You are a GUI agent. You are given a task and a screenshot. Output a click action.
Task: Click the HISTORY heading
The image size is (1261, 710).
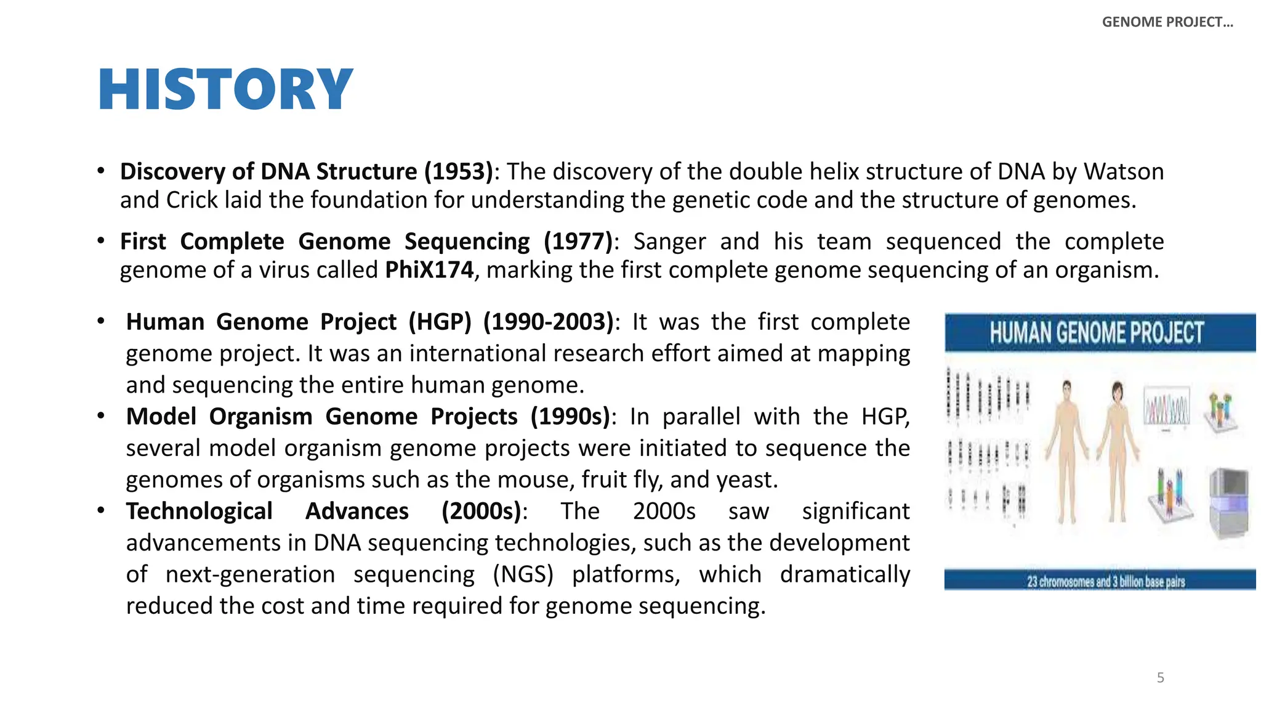coord(225,90)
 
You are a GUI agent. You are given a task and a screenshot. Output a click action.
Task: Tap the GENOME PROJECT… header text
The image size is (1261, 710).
coord(1167,22)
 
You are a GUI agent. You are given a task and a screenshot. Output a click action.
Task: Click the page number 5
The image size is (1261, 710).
coord(1160,678)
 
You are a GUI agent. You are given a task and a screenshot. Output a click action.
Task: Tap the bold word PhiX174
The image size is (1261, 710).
coord(429,270)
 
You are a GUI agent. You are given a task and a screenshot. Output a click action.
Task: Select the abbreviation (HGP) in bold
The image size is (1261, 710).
coord(440,322)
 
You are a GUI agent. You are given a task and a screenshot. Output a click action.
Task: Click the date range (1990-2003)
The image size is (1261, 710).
coord(548,322)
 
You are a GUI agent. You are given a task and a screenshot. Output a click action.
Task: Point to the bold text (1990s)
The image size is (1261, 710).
coord(570,417)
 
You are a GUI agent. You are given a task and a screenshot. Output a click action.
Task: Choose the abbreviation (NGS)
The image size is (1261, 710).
coord(523,574)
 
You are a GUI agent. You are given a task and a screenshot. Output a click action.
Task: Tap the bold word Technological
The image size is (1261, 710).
coord(199,512)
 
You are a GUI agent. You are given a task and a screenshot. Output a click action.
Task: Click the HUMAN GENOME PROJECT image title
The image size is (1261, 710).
coord(1096,333)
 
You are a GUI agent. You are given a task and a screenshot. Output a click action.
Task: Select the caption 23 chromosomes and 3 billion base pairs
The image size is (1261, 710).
coord(1105,581)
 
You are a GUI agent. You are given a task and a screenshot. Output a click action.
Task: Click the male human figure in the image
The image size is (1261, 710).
coord(1066,450)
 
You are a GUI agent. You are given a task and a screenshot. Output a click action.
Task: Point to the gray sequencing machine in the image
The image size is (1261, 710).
coord(1229,502)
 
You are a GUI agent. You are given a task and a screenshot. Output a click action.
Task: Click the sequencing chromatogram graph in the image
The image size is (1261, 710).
coord(1166,407)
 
